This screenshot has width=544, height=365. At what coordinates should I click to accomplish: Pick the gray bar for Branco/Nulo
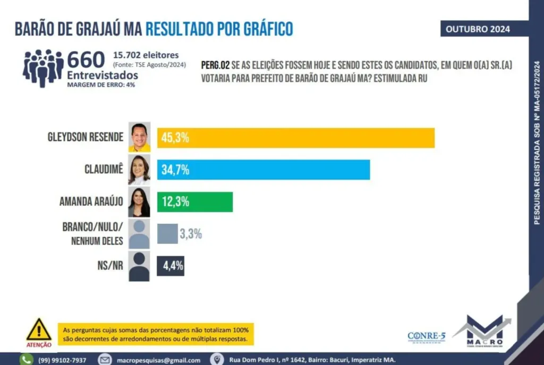point(167,233)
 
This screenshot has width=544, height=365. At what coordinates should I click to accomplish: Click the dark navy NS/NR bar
point(171,265)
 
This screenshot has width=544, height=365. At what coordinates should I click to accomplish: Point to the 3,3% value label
point(190,233)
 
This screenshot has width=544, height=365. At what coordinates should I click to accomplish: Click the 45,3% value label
point(175,138)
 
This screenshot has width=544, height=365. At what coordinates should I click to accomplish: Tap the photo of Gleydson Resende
point(139,137)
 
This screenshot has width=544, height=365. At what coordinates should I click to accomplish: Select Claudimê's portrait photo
point(139,170)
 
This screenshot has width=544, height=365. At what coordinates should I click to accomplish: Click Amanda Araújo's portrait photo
point(139,202)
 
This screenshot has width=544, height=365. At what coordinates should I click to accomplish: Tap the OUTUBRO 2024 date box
point(478,29)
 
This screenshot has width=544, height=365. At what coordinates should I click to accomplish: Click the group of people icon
point(43,67)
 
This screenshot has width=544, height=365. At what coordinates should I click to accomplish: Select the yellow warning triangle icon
point(39,330)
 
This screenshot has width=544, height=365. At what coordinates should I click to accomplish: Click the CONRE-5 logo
point(427,336)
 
